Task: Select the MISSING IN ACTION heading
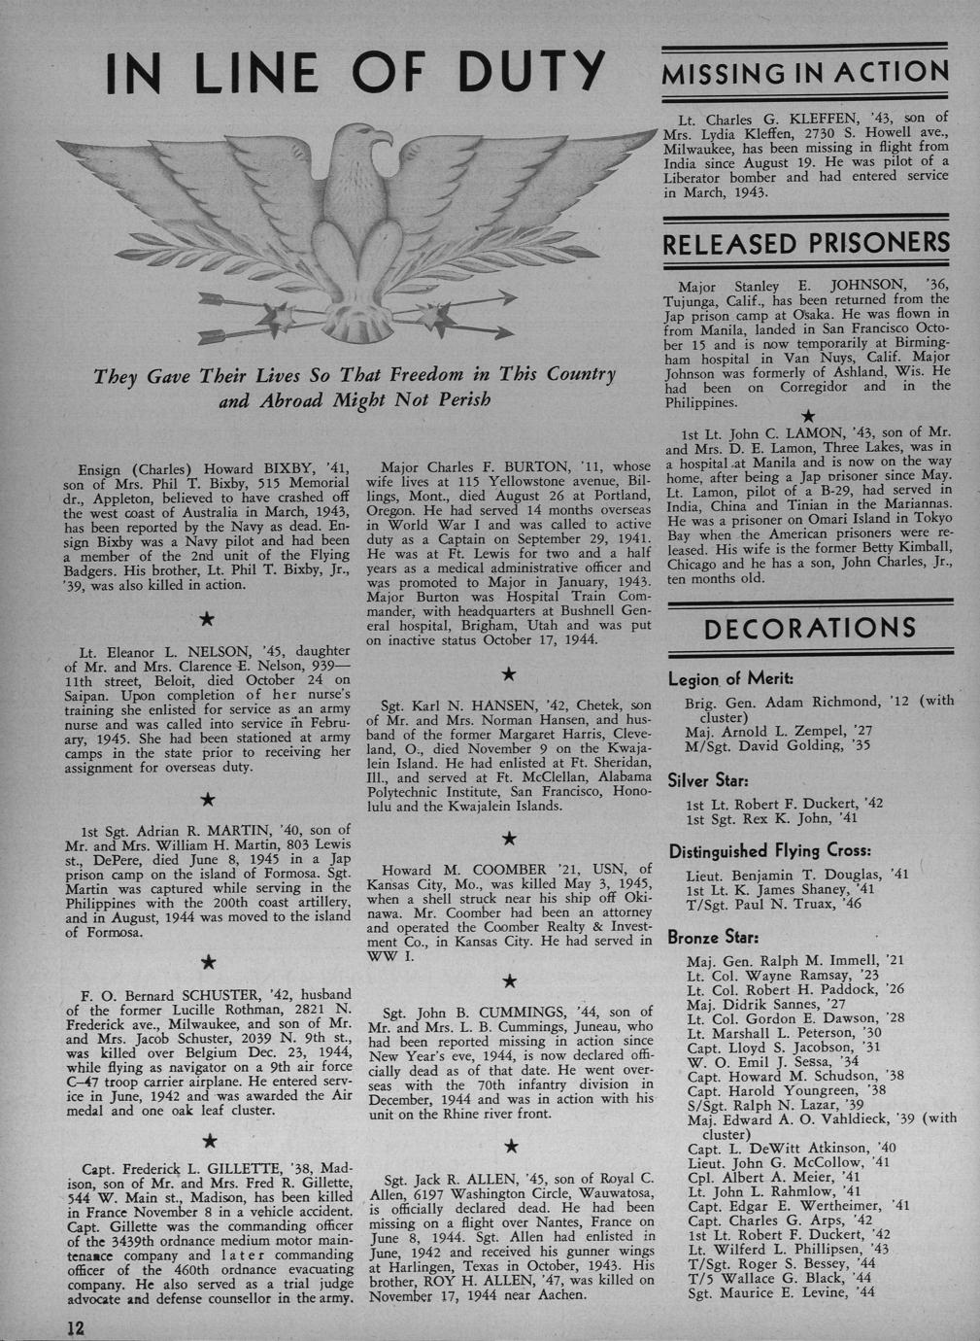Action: point(803,72)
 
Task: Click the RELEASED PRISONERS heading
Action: point(804,244)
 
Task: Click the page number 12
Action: point(76,1328)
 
